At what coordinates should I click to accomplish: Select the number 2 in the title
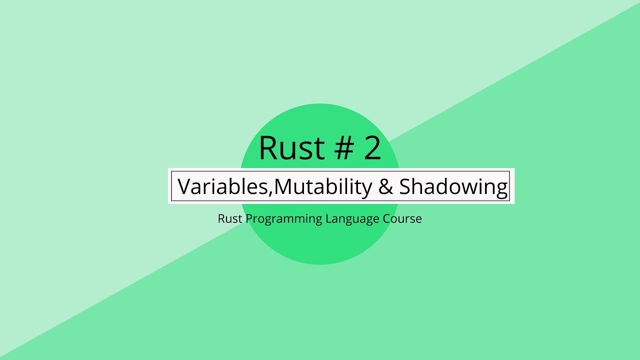pos(372,148)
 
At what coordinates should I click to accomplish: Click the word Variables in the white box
pos(223,187)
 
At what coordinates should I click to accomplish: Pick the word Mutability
pos(323,187)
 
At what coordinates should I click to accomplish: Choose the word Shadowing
pos(453,187)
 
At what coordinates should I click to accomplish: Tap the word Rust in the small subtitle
pos(230,219)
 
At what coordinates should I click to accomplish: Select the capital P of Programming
pos(248,219)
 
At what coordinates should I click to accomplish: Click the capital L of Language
pos(328,219)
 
